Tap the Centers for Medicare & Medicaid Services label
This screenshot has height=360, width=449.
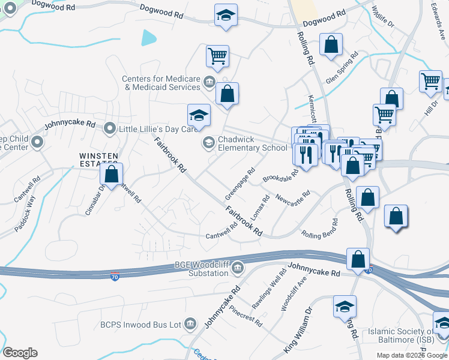tap(160, 83)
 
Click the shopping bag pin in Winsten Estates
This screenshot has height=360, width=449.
tap(111, 175)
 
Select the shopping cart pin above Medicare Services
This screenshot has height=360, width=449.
tap(217, 56)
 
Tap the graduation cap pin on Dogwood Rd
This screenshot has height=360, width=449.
tap(226, 16)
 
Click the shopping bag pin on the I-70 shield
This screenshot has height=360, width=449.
tap(358, 259)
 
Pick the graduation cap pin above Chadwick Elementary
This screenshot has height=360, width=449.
tap(199, 115)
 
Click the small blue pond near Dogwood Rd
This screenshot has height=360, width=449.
tap(148, 38)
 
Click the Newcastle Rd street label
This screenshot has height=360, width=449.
tap(293, 196)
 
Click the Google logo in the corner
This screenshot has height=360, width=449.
tap(20, 353)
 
